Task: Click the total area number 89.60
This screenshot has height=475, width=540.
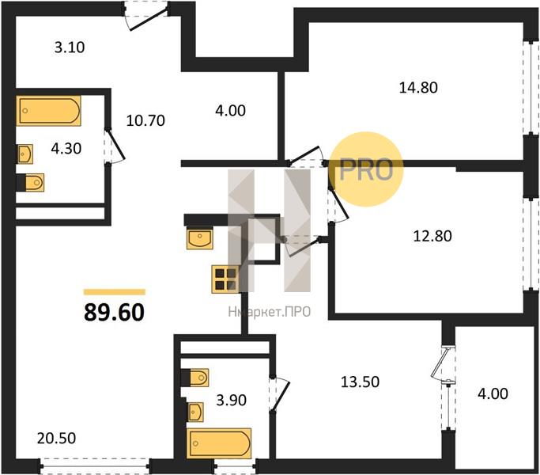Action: pos(115,312)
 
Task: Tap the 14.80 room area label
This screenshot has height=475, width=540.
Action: pos(418,88)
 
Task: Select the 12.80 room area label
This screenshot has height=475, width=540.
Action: pos(432,236)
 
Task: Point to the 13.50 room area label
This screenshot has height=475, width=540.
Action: pos(361,382)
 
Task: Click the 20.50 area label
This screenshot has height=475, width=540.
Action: pos(56,439)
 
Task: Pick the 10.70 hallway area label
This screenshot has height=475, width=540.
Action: pos(145,121)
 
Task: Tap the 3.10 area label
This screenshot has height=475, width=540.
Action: pos(70,47)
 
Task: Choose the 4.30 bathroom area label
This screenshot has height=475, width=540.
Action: pos(66,149)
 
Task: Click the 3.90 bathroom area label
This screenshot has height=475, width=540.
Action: pos(231,400)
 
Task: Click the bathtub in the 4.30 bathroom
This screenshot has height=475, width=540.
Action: pos(48,111)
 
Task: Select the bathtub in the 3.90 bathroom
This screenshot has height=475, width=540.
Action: pos(219,443)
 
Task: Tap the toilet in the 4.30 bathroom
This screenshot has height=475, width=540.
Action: pos(30,182)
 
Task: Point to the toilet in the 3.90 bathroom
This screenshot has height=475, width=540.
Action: pos(194,378)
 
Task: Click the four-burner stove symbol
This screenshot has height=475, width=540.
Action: pos(225,279)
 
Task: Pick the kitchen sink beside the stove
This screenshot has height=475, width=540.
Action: pos(200,237)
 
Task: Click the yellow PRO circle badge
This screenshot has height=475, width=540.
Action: pos(365,169)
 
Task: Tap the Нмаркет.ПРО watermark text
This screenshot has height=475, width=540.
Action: pos(270,312)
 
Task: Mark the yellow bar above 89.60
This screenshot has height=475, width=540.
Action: pos(115,292)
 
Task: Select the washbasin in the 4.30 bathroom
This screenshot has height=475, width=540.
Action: pos(25,154)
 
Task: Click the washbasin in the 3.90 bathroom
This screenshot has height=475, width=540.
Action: pos(195,412)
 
